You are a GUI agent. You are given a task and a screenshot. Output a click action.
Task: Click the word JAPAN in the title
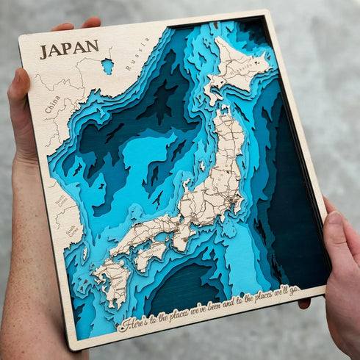69,48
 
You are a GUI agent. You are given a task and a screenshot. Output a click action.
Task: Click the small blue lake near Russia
108,66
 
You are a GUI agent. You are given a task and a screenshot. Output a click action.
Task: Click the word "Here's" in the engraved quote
137,323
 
